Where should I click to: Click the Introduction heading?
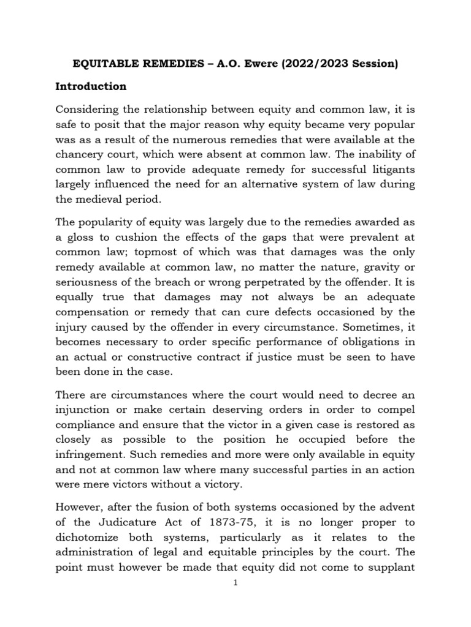(91, 86)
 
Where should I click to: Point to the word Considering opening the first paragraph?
(90, 109)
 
